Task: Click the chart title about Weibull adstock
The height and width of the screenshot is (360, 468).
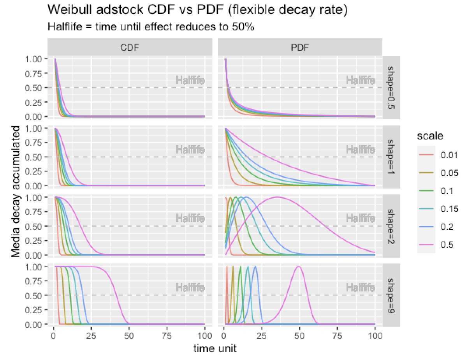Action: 197,10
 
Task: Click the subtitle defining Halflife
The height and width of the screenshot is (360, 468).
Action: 151,27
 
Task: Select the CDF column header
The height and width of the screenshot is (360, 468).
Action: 130,48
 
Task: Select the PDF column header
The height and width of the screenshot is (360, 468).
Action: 300,48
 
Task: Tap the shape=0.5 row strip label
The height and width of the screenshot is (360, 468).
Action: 391,87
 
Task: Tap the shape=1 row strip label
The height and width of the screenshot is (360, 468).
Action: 391,157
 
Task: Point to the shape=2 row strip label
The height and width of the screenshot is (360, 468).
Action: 391,226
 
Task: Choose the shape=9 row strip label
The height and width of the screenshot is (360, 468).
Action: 391,295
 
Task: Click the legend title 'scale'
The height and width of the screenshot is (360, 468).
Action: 430,136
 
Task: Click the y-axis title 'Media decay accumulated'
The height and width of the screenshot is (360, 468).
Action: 16,192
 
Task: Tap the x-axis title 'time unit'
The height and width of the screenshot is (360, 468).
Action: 215,348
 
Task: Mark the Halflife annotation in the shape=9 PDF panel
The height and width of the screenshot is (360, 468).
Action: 361,288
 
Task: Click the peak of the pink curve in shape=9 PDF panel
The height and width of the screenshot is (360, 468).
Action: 299,266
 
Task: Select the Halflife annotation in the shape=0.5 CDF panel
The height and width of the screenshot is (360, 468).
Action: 190,81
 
